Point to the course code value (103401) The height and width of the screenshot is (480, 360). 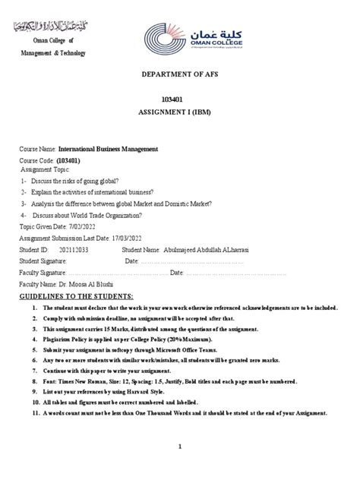coord(69,161)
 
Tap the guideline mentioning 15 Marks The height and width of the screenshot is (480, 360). coord(175,330)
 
